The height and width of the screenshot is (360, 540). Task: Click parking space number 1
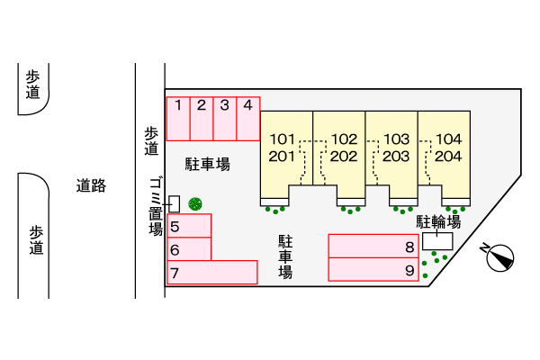(178, 119)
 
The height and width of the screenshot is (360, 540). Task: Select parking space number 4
(248, 119)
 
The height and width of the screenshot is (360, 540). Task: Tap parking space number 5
(189, 226)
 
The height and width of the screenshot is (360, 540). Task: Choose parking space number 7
(212, 273)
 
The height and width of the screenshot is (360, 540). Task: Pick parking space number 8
(373, 246)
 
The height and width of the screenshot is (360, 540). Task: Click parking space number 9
(373, 269)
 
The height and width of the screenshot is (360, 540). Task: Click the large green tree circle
(195, 204)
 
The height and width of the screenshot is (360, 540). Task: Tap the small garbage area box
(175, 204)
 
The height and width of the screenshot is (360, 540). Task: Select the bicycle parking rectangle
(437, 241)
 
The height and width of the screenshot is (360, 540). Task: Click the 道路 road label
(91, 185)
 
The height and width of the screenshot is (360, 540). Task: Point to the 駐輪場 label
(438, 222)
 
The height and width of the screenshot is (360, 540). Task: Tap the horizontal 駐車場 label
(208, 164)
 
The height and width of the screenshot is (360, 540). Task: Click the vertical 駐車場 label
(285, 256)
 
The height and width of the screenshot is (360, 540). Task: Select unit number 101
(282, 139)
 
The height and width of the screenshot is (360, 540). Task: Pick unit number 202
(344, 157)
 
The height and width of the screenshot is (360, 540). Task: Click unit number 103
(396, 139)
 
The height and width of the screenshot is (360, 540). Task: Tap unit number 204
(448, 157)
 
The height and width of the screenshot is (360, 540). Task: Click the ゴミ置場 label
(156, 207)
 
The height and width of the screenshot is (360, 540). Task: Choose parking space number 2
(202, 119)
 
